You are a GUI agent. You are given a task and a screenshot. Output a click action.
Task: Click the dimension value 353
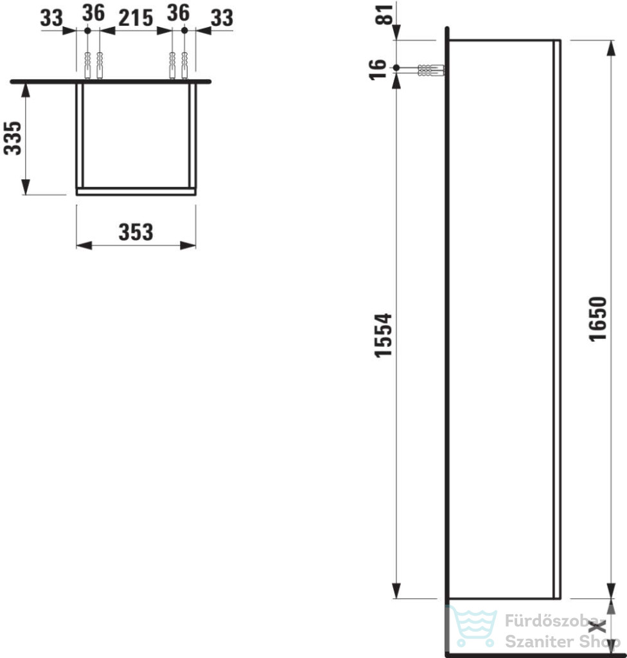click(x=136, y=232)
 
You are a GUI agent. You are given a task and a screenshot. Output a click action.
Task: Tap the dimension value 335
click(x=13, y=138)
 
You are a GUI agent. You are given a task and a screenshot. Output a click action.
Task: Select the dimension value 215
click(x=136, y=18)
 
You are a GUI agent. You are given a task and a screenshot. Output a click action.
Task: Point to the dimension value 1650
click(x=598, y=319)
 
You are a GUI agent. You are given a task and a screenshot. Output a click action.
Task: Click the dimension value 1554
click(x=383, y=335)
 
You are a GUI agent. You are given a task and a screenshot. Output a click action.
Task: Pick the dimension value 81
click(x=384, y=15)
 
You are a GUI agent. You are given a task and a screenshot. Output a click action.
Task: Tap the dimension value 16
click(x=377, y=69)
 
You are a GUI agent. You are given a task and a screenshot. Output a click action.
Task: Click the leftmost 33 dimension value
click(x=51, y=18)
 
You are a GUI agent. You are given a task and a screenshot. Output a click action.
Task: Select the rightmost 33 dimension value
click(x=222, y=18)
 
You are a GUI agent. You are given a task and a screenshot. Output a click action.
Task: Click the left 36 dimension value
click(x=93, y=13)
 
